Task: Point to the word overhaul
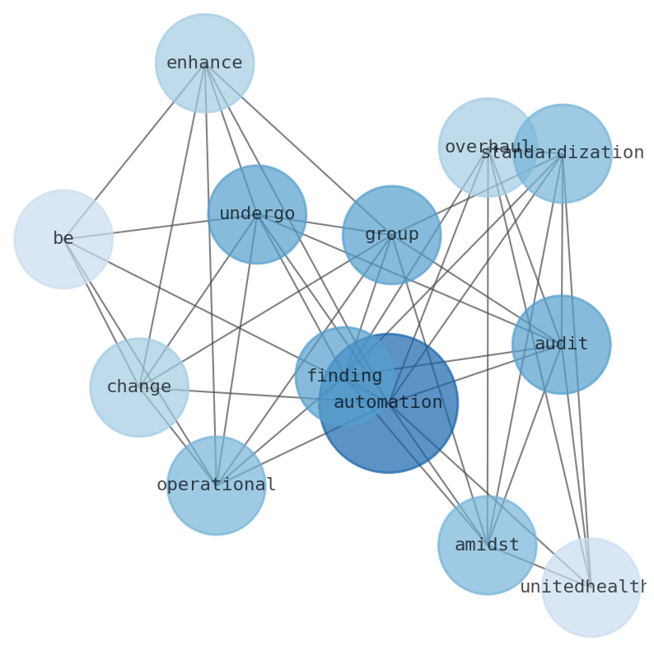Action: pyautogui.click(x=478, y=148)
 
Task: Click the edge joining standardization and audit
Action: pyautogui.click(x=562, y=247)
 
